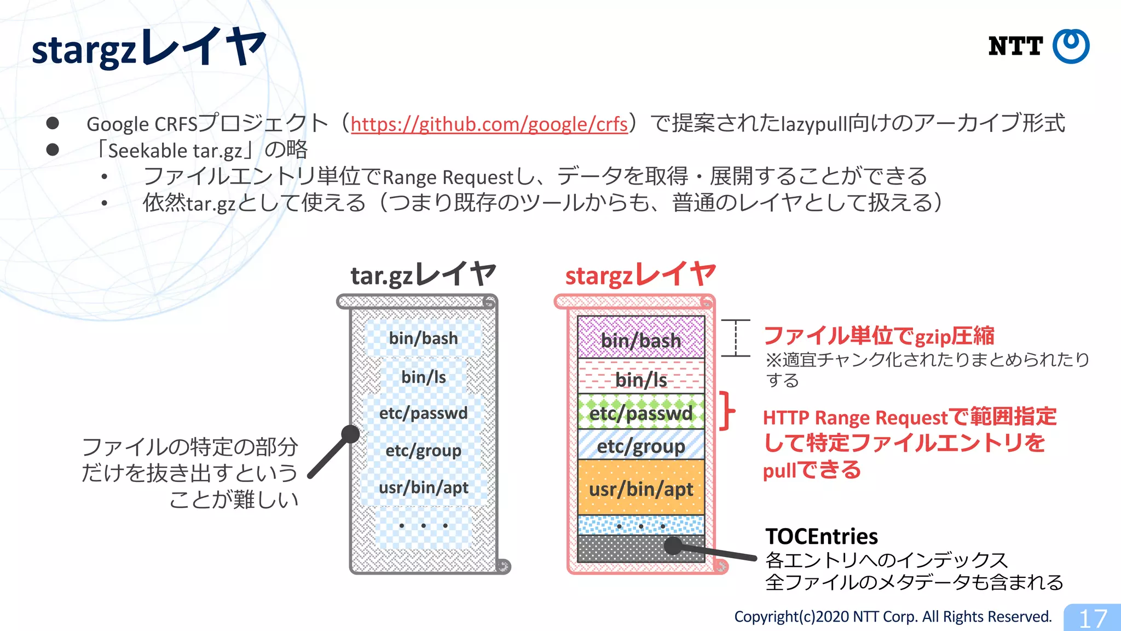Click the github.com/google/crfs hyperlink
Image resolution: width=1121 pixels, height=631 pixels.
[x=489, y=124]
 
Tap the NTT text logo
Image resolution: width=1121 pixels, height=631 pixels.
[x=1015, y=47]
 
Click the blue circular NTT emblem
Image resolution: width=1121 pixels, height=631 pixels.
[x=1071, y=47]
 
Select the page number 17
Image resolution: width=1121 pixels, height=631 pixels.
[x=1093, y=618]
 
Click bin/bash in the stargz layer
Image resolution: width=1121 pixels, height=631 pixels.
[x=641, y=341]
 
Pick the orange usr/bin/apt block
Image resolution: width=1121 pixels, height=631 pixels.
[x=641, y=489]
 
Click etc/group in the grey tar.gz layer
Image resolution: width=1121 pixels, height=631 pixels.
[x=423, y=450]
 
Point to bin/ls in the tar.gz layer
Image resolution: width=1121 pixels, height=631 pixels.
[x=423, y=377]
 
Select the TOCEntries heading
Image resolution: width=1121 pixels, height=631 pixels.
[x=821, y=536]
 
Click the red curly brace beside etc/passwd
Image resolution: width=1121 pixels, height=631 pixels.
[x=727, y=410]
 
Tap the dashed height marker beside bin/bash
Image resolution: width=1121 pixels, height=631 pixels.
[x=736, y=338]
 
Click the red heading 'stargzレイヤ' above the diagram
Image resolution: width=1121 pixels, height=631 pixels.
[x=640, y=274]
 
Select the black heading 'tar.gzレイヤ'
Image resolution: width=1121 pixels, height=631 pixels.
[x=423, y=274]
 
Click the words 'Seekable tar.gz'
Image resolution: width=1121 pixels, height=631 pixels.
[x=175, y=151]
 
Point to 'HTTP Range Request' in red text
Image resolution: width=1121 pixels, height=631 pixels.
[x=854, y=418]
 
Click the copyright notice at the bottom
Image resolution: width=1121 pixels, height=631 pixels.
[x=892, y=617]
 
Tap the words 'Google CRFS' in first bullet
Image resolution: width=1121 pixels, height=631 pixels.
[x=141, y=124]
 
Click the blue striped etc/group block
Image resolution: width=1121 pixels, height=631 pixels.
[x=641, y=446]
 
